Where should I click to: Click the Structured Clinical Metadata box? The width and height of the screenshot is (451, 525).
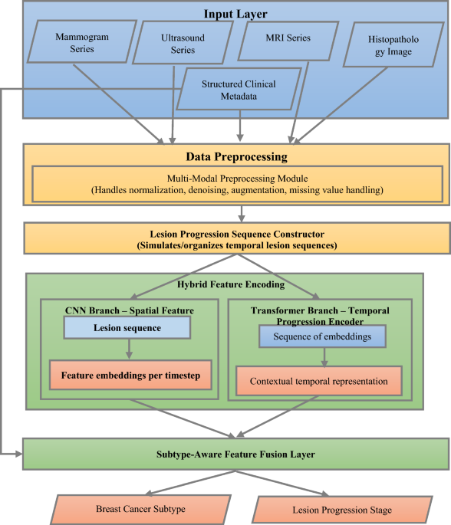point(239,90)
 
